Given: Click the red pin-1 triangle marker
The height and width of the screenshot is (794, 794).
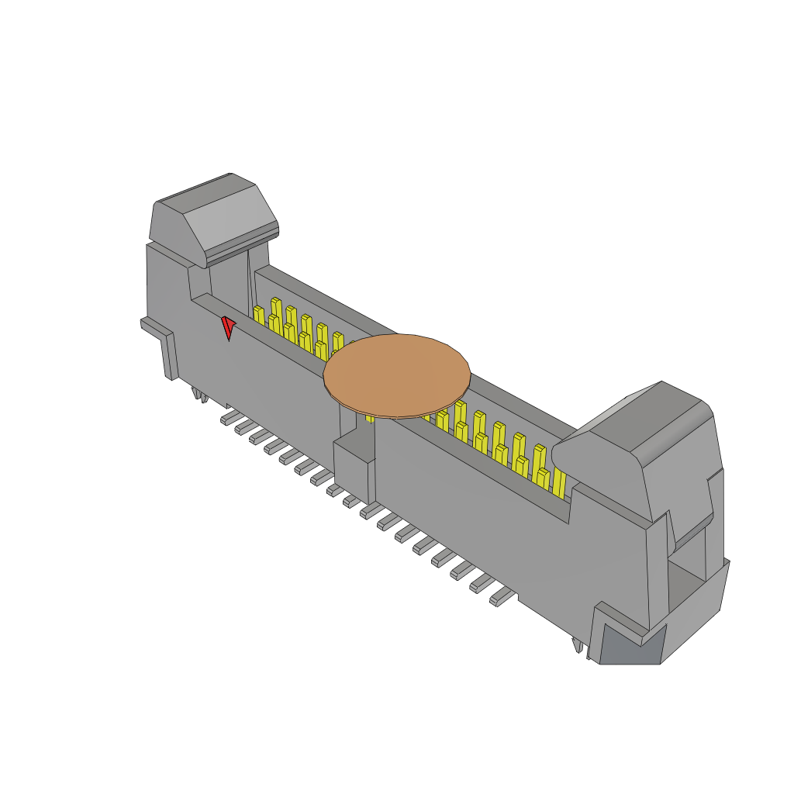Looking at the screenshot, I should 228,327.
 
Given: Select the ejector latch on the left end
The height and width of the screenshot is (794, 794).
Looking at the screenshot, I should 214,221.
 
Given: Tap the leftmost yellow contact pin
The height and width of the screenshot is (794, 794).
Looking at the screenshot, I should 258,315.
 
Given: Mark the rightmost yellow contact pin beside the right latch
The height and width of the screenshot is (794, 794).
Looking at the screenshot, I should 558,482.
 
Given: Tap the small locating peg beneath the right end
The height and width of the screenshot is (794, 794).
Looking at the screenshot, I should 577,646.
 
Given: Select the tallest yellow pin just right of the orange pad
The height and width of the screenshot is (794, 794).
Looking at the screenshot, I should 461,412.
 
